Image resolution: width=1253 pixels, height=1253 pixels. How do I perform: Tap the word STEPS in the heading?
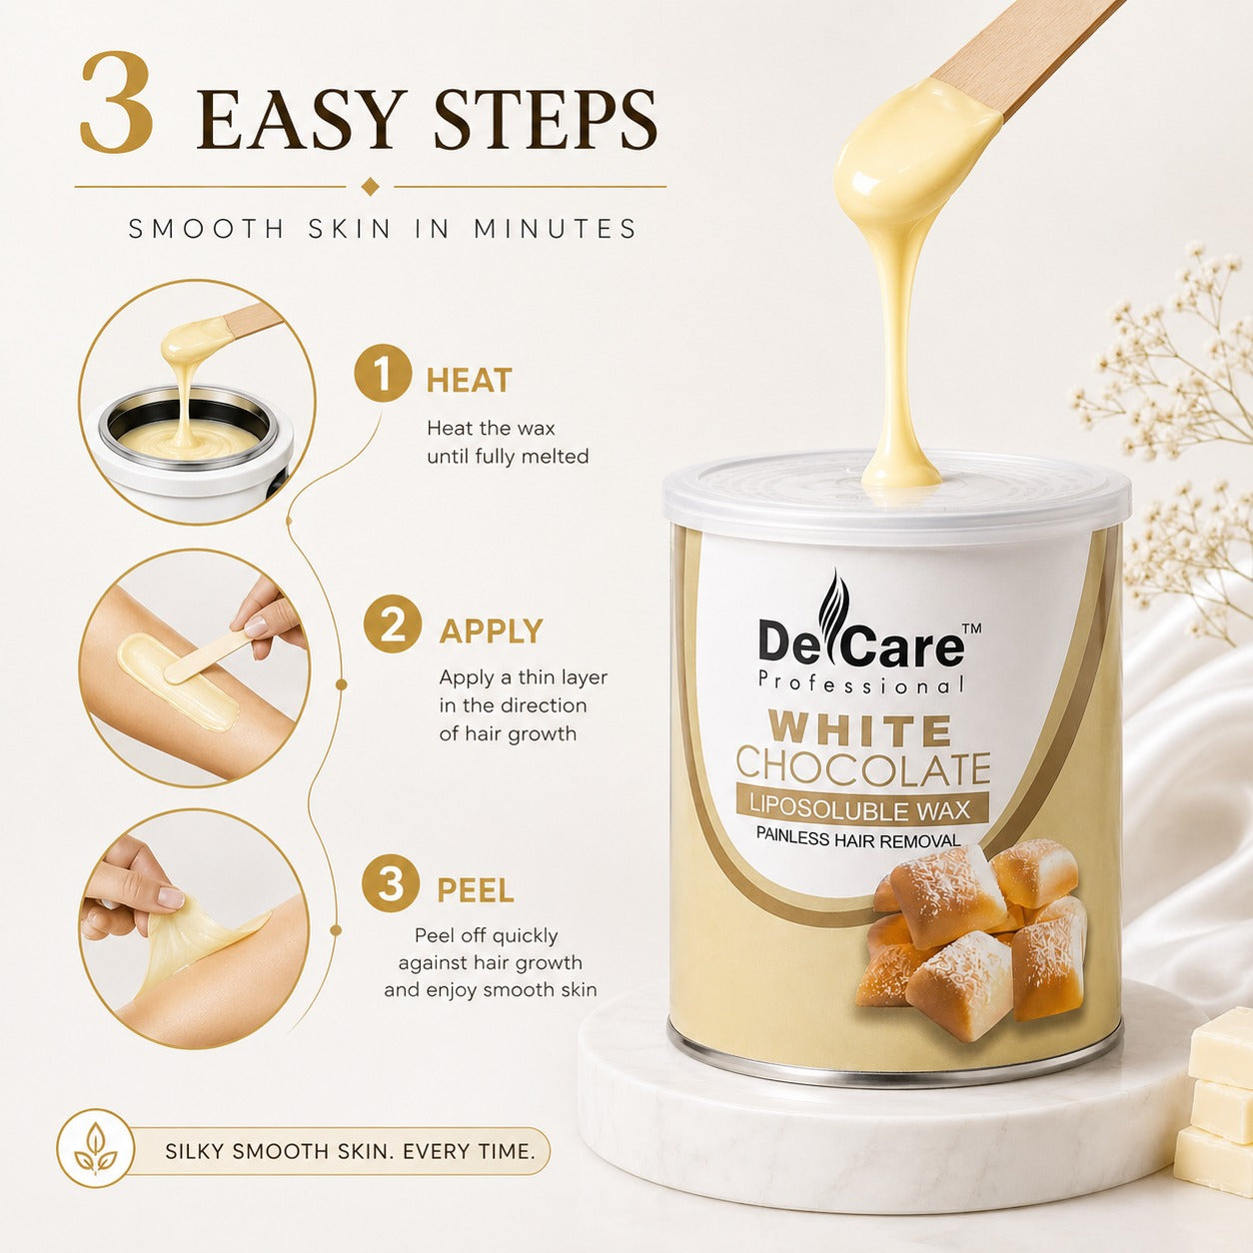pyautogui.click(x=545, y=120)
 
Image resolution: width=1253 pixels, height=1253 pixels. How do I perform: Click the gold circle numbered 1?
pyautogui.click(x=383, y=374)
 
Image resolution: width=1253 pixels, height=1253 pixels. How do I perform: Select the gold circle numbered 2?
pyautogui.click(x=392, y=624)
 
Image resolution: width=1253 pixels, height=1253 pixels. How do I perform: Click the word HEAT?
pyautogui.click(x=469, y=381)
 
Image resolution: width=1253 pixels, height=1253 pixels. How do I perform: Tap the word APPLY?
pyautogui.click(x=491, y=630)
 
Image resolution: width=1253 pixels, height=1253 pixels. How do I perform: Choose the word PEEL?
pyautogui.click(x=476, y=890)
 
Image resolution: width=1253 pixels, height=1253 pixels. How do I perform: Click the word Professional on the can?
pyautogui.click(x=861, y=683)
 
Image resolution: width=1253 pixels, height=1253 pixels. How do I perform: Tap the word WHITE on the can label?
pyautogui.click(x=861, y=730)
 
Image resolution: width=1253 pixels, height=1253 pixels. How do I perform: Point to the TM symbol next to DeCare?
pyautogui.click(x=971, y=628)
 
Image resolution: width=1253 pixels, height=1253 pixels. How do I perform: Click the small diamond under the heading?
pyautogui.click(x=370, y=186)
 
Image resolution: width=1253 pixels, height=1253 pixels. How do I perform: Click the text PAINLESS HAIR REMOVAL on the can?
pyautogui.click(x=858, y=838)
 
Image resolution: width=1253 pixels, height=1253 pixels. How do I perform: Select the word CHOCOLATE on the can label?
pyautogui.click(x=863, y=768)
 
